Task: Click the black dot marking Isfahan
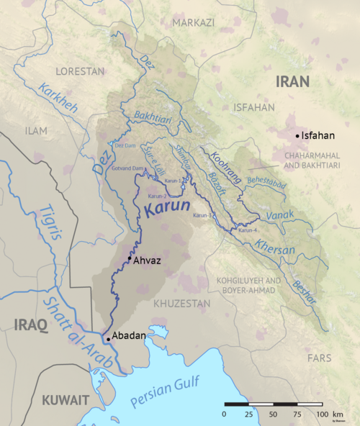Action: [296, 135]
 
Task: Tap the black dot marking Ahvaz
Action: [130, 258]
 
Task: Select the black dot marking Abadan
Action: [108, 338]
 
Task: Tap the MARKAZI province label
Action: [193, 23]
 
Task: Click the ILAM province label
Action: [36, 132]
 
